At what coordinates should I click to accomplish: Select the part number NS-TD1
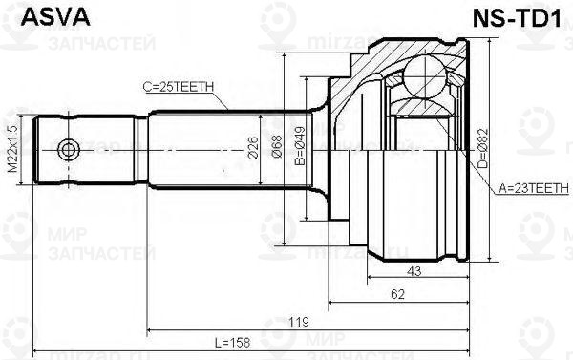click(x=520, y=17)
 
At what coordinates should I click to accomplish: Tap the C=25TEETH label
click(x=178, y=87)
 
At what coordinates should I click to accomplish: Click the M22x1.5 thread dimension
click(x=12, y=151)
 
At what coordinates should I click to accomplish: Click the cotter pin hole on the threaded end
click(x=67, y=151)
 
